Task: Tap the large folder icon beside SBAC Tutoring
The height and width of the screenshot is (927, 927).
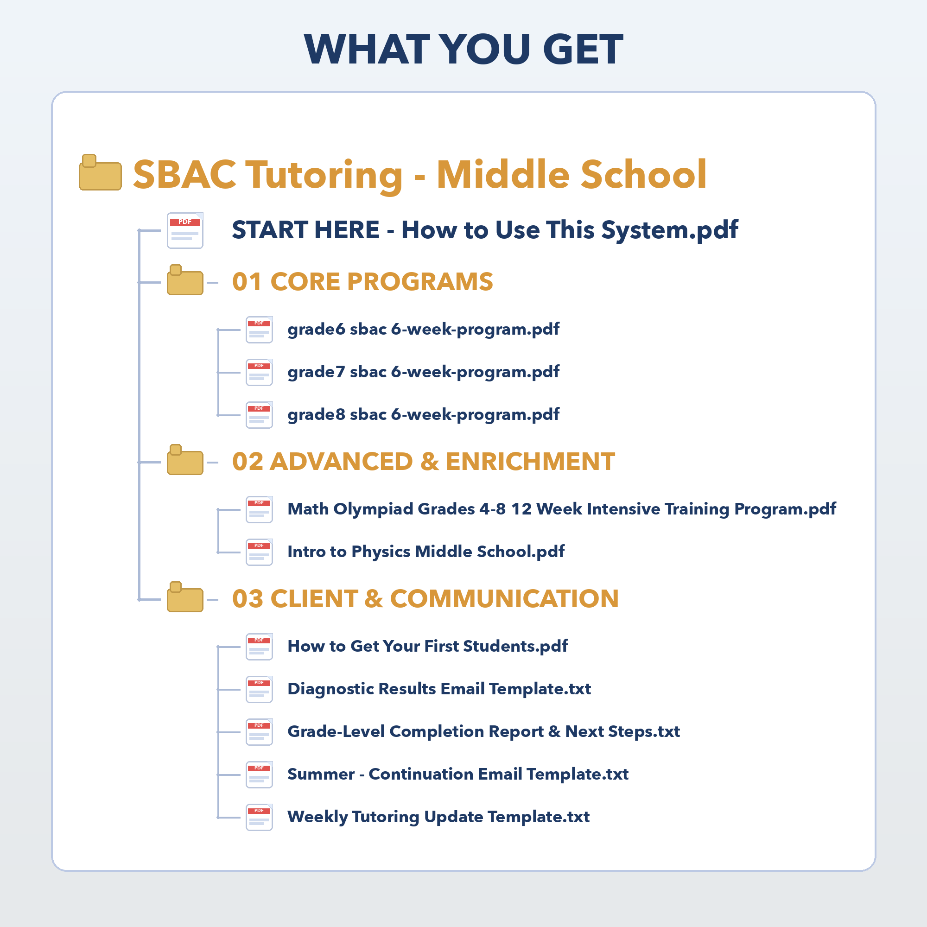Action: click(100, 172)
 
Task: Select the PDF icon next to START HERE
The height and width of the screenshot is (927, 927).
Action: click(185, 230)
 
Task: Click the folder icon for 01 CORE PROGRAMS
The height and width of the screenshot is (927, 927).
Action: click(185, 280)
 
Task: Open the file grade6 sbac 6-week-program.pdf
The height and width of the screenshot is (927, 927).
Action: click(423, 330)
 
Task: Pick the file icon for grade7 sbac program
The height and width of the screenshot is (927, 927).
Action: click(259, 372)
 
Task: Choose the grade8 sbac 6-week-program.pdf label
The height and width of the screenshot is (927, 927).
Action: click(423, 415)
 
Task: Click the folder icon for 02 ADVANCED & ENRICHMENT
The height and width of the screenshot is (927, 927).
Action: click(185, 460)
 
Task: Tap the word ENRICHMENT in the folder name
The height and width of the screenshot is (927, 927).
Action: click(530, 462)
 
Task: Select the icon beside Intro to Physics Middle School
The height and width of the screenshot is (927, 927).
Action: click(259, 552)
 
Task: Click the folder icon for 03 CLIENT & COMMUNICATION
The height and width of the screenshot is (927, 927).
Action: click(185, 597)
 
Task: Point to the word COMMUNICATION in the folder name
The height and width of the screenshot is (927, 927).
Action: click(504, 599)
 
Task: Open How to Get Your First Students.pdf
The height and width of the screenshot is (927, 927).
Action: click(427, 646)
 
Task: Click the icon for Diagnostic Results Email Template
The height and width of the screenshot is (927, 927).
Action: click(259, 690)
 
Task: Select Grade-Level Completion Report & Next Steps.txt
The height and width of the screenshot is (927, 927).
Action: click(483, 732)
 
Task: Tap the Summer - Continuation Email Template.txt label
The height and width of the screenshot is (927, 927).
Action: click(458, 775)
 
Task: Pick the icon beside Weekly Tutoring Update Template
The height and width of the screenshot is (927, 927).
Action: click(259, 818)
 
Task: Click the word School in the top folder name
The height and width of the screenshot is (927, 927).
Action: click(643, 174)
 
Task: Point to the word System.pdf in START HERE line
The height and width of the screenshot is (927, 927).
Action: click(670, 230)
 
